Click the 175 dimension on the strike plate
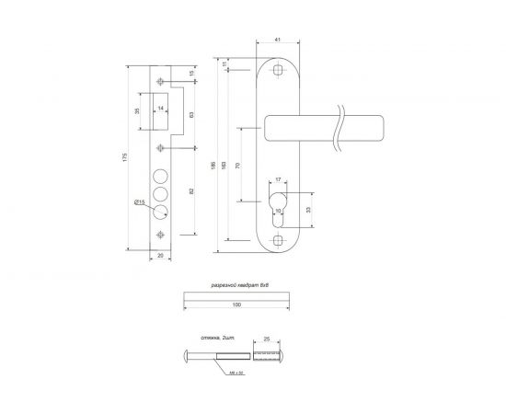coord(125,158)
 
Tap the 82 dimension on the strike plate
coord(190,190)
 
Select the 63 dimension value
coord(190,115)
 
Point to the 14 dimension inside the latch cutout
coord(161,109)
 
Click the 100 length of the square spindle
coord(236,304)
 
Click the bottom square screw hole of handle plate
coord(280,239)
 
